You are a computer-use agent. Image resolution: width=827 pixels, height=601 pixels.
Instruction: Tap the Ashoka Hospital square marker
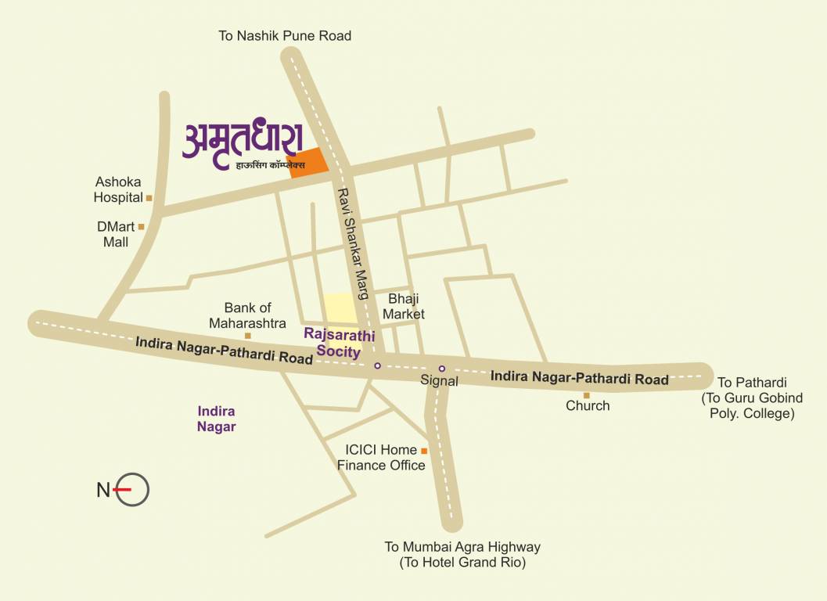point(149,198)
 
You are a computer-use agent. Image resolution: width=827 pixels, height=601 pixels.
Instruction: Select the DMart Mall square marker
point(142,227)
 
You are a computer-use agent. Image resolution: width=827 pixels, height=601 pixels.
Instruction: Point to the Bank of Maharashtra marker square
point(248,336)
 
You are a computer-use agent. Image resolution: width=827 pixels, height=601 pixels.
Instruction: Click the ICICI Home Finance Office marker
point(424,451)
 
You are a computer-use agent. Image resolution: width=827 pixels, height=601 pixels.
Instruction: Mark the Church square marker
point(586,395)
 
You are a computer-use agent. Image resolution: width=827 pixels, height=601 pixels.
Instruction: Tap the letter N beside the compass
point(102,491)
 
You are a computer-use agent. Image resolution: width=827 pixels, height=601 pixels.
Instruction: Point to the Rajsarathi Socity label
point(340,344)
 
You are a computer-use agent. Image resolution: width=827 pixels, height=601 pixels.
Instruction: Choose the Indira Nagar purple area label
point(217,419)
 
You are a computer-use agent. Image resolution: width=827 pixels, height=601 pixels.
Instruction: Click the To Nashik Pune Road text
point(285,36)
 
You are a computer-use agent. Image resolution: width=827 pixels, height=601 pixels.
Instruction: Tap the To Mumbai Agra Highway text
point(462,547)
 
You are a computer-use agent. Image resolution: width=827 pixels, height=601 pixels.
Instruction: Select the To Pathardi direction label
point(752,383)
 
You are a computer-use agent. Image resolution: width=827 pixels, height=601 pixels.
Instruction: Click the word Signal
point(439,381)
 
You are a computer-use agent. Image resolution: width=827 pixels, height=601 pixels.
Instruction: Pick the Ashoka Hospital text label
point(118,189)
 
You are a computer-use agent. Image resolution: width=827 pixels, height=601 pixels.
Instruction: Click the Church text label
point(588,406)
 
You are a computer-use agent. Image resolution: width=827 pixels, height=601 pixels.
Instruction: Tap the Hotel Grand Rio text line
point(462,563)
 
